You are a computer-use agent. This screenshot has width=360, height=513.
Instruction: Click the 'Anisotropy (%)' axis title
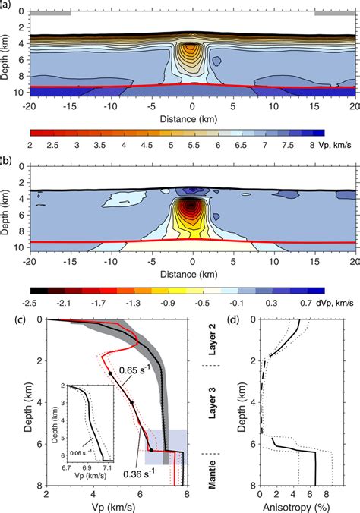(x=292, y=506)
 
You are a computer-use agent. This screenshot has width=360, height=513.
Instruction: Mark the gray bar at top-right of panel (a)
(x=335, y=13)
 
